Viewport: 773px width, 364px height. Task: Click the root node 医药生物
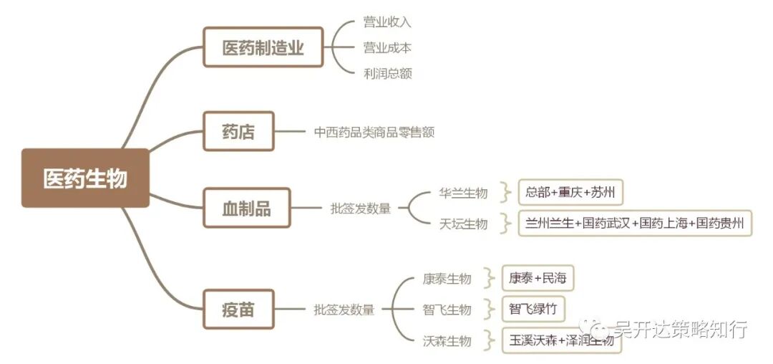85,178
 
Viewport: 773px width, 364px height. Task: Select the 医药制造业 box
263,47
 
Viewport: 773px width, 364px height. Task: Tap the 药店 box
238,131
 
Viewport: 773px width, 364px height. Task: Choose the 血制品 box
247,209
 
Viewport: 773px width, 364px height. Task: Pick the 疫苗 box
238,310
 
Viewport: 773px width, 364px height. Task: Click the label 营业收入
387,22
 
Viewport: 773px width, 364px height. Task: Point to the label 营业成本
387,48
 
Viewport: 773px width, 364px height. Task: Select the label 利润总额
387,73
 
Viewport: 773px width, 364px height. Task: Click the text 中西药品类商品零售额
374,132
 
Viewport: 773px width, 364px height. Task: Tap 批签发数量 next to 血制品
361,209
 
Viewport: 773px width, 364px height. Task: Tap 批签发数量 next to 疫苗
344,310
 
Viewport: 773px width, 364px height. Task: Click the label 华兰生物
463,193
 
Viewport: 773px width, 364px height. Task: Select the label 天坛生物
463,224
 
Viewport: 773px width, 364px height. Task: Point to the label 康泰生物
447,279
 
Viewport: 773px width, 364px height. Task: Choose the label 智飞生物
447,310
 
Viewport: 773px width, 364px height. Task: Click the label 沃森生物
447,341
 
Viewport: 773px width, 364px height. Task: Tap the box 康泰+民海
537,278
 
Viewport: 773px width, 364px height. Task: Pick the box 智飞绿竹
533,309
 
